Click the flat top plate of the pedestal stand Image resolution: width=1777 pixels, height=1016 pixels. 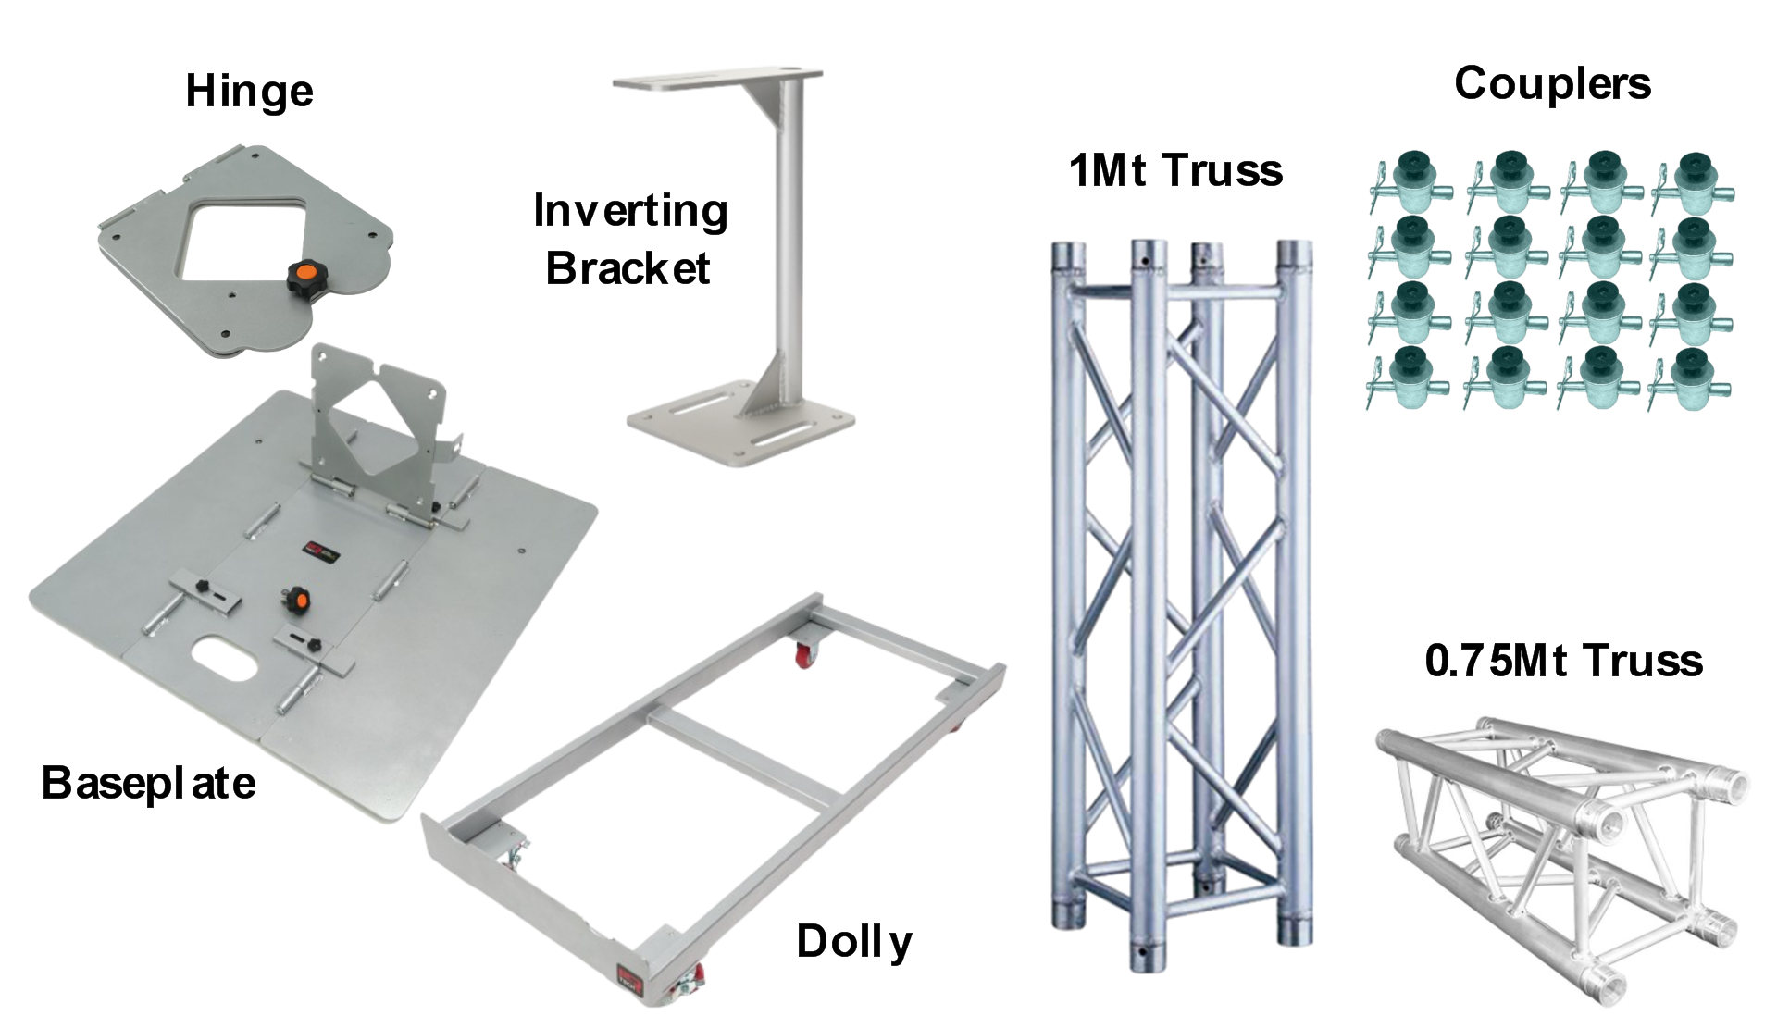pyautogui.click(x=716, y=81)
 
